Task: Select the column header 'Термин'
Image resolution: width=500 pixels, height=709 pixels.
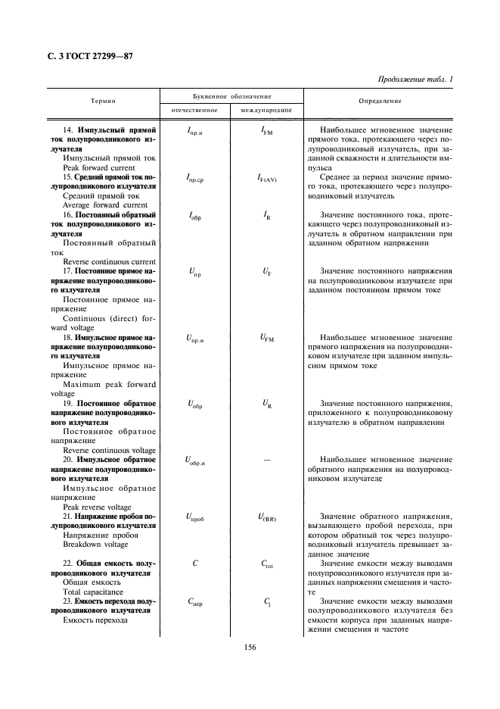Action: [103, 102]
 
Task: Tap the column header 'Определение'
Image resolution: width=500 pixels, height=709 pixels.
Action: [381, 102]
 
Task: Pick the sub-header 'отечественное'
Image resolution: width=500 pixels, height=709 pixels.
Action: [194, 111]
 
